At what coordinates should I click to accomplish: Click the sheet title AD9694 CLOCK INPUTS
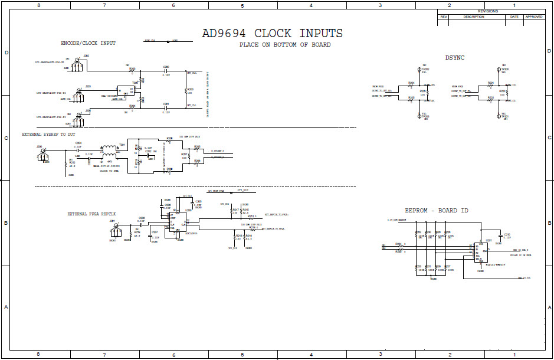(272, 34)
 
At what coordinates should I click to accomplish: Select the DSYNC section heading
(455, 57)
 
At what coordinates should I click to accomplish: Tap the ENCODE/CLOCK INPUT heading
(88, 43)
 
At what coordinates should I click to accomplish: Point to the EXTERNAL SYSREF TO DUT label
(48, 135)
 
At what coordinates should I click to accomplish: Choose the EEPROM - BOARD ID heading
(437, 211)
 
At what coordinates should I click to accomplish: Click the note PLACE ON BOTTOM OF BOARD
(285, 45)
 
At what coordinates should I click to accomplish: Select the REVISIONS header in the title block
(487, 11)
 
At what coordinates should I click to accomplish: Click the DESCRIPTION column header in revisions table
(474, 17)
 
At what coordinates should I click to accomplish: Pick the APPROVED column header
(533, 17)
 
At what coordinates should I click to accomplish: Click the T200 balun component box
(125, 91)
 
